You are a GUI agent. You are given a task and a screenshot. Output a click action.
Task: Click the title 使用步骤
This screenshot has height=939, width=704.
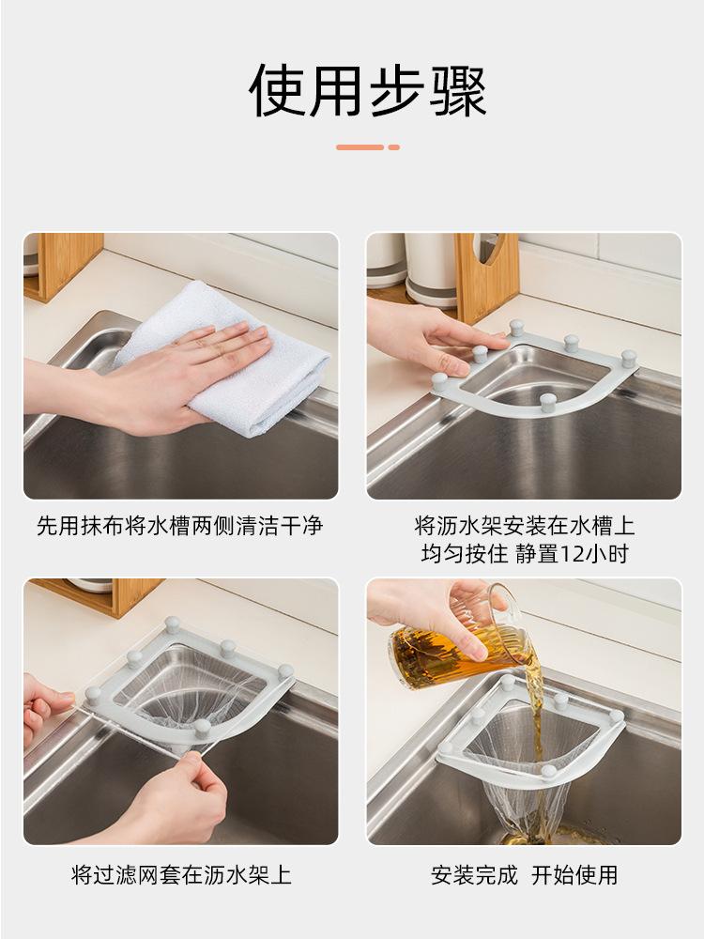pos(367,91)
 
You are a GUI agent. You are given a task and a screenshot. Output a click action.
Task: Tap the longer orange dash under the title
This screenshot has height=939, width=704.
pos(360,147)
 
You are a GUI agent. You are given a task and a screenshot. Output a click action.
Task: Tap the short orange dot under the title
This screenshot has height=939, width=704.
pos(394,147)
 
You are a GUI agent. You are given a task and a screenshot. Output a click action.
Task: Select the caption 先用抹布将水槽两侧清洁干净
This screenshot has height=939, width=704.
pos(180,526)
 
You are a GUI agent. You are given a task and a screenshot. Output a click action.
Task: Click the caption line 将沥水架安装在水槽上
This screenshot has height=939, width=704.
pos(524,526)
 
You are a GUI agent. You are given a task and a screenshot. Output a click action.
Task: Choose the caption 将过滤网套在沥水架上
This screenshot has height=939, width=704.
pos(181,875)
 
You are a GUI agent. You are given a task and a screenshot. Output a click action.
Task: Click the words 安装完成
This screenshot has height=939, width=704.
pos(474,875)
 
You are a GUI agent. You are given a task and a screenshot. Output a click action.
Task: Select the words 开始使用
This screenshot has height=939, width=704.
pos(574,875)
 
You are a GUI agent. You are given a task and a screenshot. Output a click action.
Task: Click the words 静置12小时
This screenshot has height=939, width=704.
pos(572,554)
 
